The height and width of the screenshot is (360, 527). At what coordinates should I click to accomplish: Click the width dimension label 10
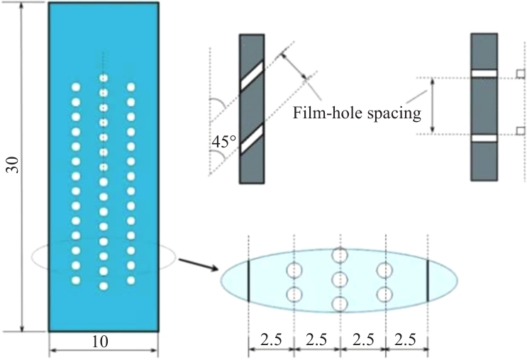click(x=101, y=342)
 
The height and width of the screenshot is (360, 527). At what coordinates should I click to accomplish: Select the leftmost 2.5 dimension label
click(x=270, y=339)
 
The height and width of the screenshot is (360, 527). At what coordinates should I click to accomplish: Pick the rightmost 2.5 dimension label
click(x=405, y=339)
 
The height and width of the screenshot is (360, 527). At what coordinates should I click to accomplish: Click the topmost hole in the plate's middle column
click(x=104, y=79)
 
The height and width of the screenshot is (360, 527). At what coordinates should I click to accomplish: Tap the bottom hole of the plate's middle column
click(x=104, y=286)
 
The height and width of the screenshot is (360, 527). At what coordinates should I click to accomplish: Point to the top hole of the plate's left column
click(x=76, y=87)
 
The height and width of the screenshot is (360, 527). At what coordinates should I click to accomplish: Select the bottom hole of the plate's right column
click(x=131, y=279)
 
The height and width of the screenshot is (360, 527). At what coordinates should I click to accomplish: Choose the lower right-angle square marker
click(x=520, y=130)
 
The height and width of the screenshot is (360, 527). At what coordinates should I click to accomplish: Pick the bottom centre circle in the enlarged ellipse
click(x=340, y=305)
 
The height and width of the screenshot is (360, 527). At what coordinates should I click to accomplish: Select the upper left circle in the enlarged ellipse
click(x=294, y=269)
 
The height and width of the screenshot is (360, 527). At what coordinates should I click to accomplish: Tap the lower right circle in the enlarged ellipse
click(x=385, y=293)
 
